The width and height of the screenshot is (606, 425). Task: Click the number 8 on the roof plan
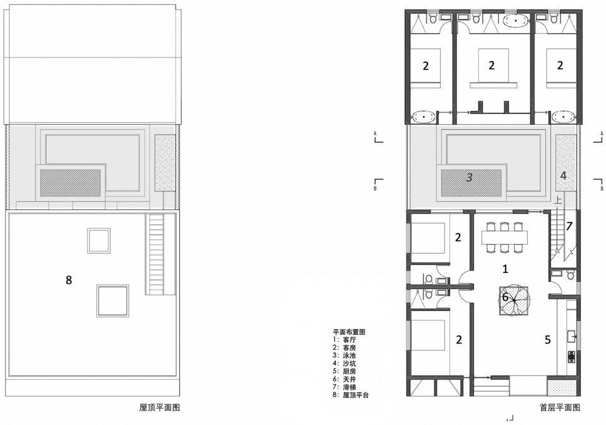click(x=69, y=280)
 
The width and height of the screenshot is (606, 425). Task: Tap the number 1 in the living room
click(x=505, y=269)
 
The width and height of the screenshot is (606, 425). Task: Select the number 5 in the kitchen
click(x=548, y=339)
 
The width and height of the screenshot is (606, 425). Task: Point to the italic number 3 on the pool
click(x=469, y=178)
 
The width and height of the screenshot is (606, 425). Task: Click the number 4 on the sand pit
click(x=564, y=176)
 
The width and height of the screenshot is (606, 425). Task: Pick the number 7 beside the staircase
click(x=569, y=226)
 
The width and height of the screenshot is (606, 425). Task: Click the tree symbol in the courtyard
click(x=514, y=300)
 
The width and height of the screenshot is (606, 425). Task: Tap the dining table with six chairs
click(x=504, y=237)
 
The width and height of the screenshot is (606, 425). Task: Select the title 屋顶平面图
click(x=160, y=407)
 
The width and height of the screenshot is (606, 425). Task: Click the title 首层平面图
click(x=560, y=407)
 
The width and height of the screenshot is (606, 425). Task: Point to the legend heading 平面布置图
click(x=349, y=332)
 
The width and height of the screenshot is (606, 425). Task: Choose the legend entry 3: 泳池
click(x=345, y=356)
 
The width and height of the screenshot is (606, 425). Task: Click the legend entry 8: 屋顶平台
click(x=351, y=395)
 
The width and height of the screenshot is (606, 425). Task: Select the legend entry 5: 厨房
click(x=345, y=371)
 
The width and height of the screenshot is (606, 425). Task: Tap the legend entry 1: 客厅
click(x=345, y=340)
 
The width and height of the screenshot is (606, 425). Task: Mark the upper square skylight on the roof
click(x=98, y=240)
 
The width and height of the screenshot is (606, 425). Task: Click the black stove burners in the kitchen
click(x=571, y=357)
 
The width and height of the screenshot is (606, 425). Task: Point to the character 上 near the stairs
click(x=558, y=199)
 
